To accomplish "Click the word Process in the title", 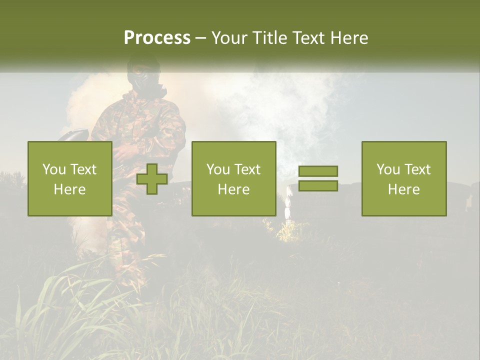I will pyautogui.click(x=157, y=38).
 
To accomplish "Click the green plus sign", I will pyautogui.click(x=152, y=179).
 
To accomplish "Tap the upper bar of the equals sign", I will pyautogui.click(x=318, y=171).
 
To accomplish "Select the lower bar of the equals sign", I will pyautogui.click(x=318, y=185).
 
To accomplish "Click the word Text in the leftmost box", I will pyautogui.click(x=83, y=169).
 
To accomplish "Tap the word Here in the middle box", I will pyautogui.click(x=233, y=189).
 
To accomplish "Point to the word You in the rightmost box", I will pyautogui.click(x=388, y=169).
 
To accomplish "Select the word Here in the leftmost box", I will pyautogui.click(x=70, y=189).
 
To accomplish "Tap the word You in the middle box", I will pyautogui.click(x=218, y=169).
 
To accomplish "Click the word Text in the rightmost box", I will pyautogui.click(x=417, y=169).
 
